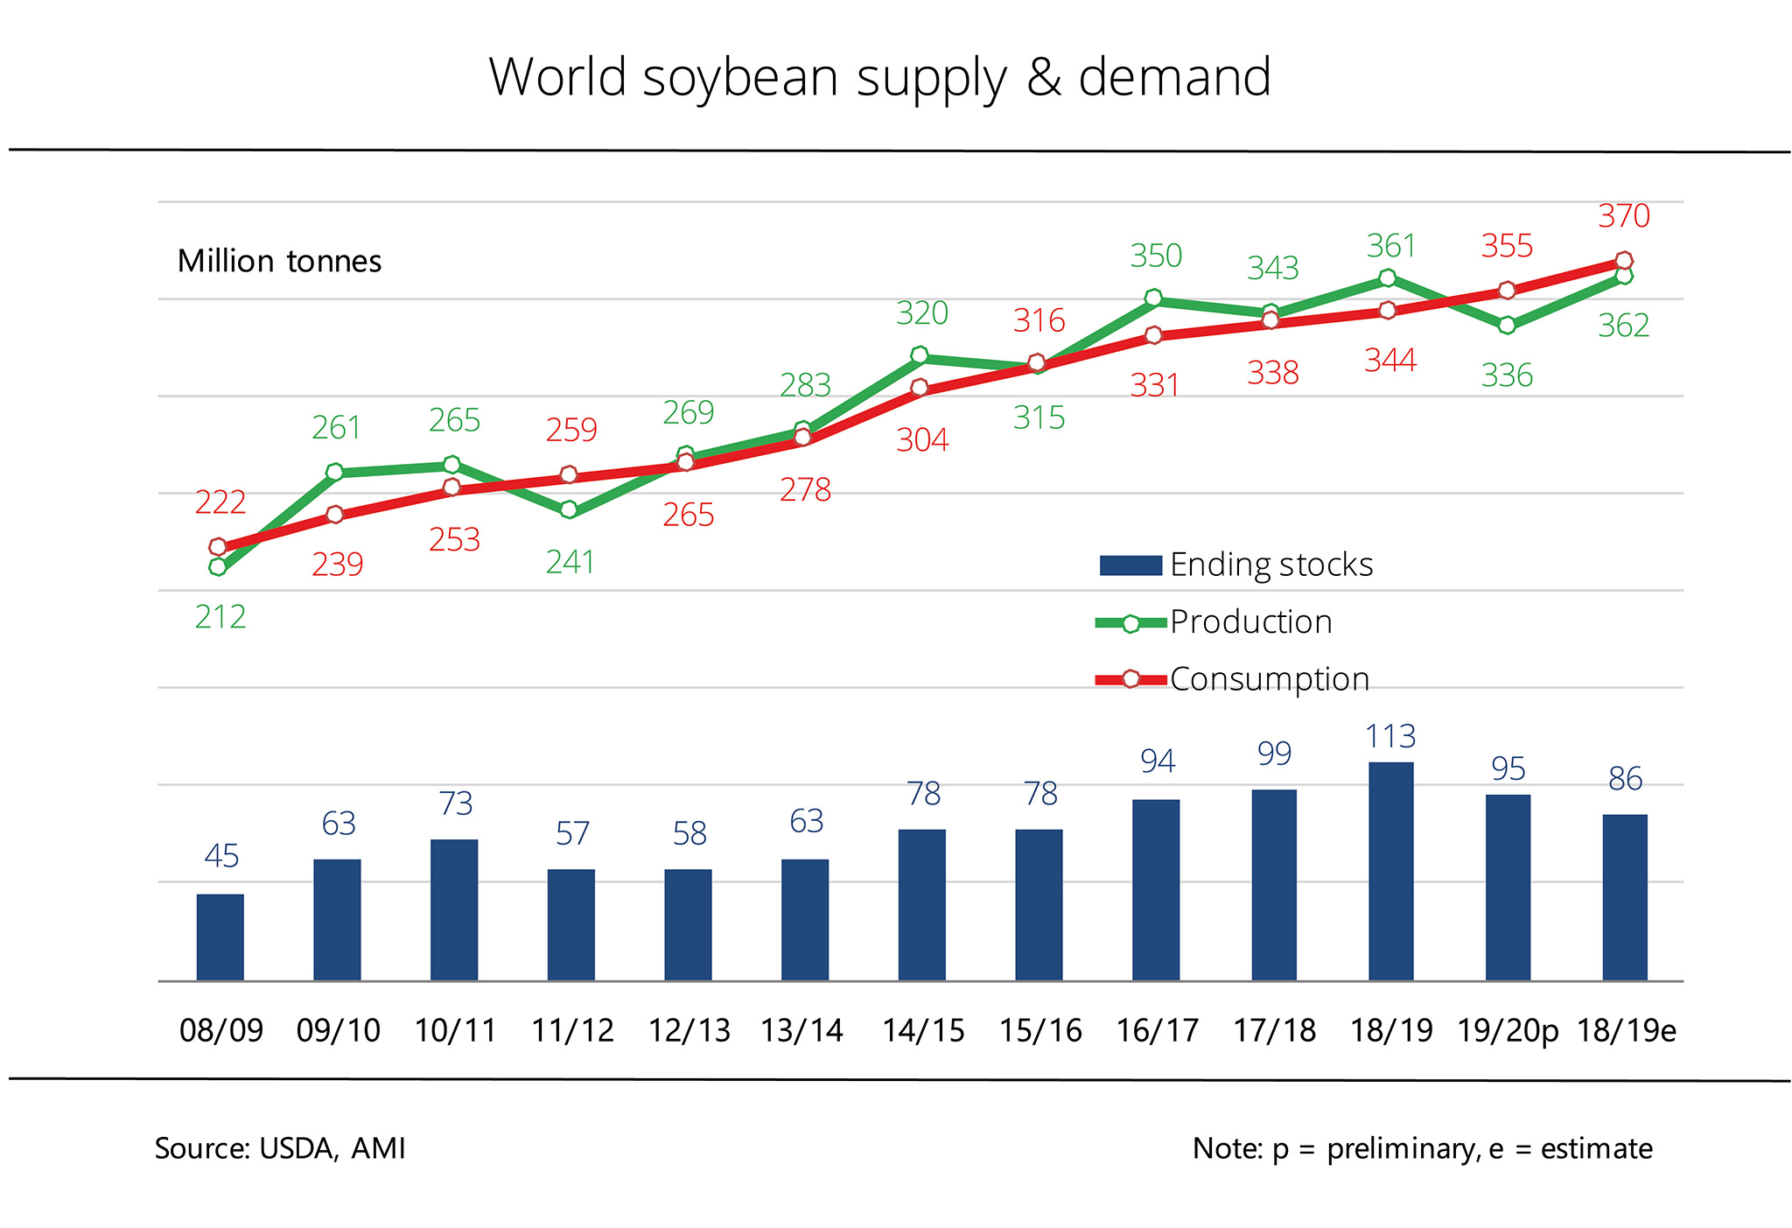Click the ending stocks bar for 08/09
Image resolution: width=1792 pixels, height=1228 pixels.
(x=220, y=937)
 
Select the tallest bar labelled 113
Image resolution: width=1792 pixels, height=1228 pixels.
(x=1390, y=871)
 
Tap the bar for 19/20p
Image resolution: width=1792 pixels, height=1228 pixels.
(x=1508, y=887)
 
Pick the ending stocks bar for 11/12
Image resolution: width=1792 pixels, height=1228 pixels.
(x=570, y=924)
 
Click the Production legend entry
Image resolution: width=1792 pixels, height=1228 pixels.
(x=1250, y=622)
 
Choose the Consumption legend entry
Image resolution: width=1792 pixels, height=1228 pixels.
(x=1269, y=679)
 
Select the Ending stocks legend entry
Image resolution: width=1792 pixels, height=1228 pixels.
(x=1270, y=565)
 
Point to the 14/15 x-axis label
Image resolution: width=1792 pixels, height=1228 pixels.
(x=923, y=1031)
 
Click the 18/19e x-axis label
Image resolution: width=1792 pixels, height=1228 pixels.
(x=1626, y=1031)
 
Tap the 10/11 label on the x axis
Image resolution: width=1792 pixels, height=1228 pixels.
(x=455, y=1031)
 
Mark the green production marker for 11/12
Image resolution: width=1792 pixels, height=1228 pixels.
(x=569, y=509)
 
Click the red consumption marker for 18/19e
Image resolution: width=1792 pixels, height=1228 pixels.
(x=1624, y=261)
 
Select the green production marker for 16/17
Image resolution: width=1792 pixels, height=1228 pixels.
(x=1153, y=298)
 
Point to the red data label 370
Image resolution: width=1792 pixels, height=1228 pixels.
(x=1624, y=216)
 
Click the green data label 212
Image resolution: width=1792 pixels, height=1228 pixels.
(x=220, y=618)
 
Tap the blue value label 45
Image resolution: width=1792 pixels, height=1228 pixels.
(x=221, y=856)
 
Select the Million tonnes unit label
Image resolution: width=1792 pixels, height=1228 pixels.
(x=279, y=262)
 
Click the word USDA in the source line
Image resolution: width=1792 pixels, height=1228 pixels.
(x=297, y=1148)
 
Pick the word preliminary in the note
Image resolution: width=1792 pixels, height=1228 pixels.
(x=1402, y=1149)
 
